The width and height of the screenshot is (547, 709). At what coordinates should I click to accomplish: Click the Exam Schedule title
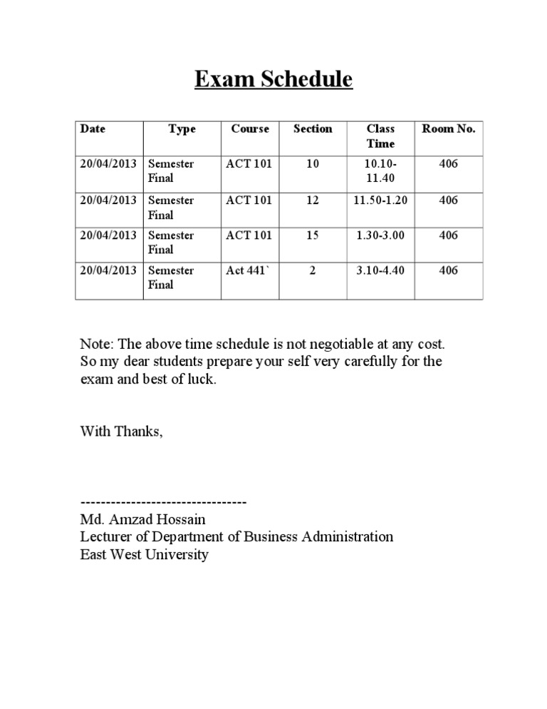[x=273, y=80]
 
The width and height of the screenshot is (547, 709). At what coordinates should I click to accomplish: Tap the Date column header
[x=93, y=129]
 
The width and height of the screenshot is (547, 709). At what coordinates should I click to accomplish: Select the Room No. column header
[x=449, y=129]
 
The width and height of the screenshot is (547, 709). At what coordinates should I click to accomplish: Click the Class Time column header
[x=380, y=136]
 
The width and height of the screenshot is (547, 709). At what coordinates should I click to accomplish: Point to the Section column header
[x=313, y=129]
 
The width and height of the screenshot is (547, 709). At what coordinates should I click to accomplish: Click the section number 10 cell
[x=313, y=164]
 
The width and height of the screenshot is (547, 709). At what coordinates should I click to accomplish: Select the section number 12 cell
[x=313, y=200]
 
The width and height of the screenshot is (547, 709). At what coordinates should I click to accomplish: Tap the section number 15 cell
[x=313, y=235]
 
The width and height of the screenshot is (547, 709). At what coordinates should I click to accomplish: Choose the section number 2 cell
[x=313, y=270]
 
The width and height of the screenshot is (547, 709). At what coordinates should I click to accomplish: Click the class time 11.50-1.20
[x=380, y=200]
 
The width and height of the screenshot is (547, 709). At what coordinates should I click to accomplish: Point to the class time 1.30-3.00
[x=380, y=235]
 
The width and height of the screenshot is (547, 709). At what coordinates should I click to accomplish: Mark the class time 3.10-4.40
[x=380, y=270]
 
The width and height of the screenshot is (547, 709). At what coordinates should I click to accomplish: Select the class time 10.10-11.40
[x=380, y=171]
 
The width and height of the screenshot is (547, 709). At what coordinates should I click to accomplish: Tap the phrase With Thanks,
[x=122, y=431]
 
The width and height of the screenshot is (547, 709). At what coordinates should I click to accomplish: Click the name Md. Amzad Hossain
[x=143, y=519]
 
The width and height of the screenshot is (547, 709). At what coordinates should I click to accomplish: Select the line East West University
[x=145, y=554]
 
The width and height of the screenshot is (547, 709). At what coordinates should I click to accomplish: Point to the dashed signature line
[x=164, y=502]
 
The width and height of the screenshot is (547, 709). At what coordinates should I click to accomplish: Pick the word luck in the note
[x=197, y=379]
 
